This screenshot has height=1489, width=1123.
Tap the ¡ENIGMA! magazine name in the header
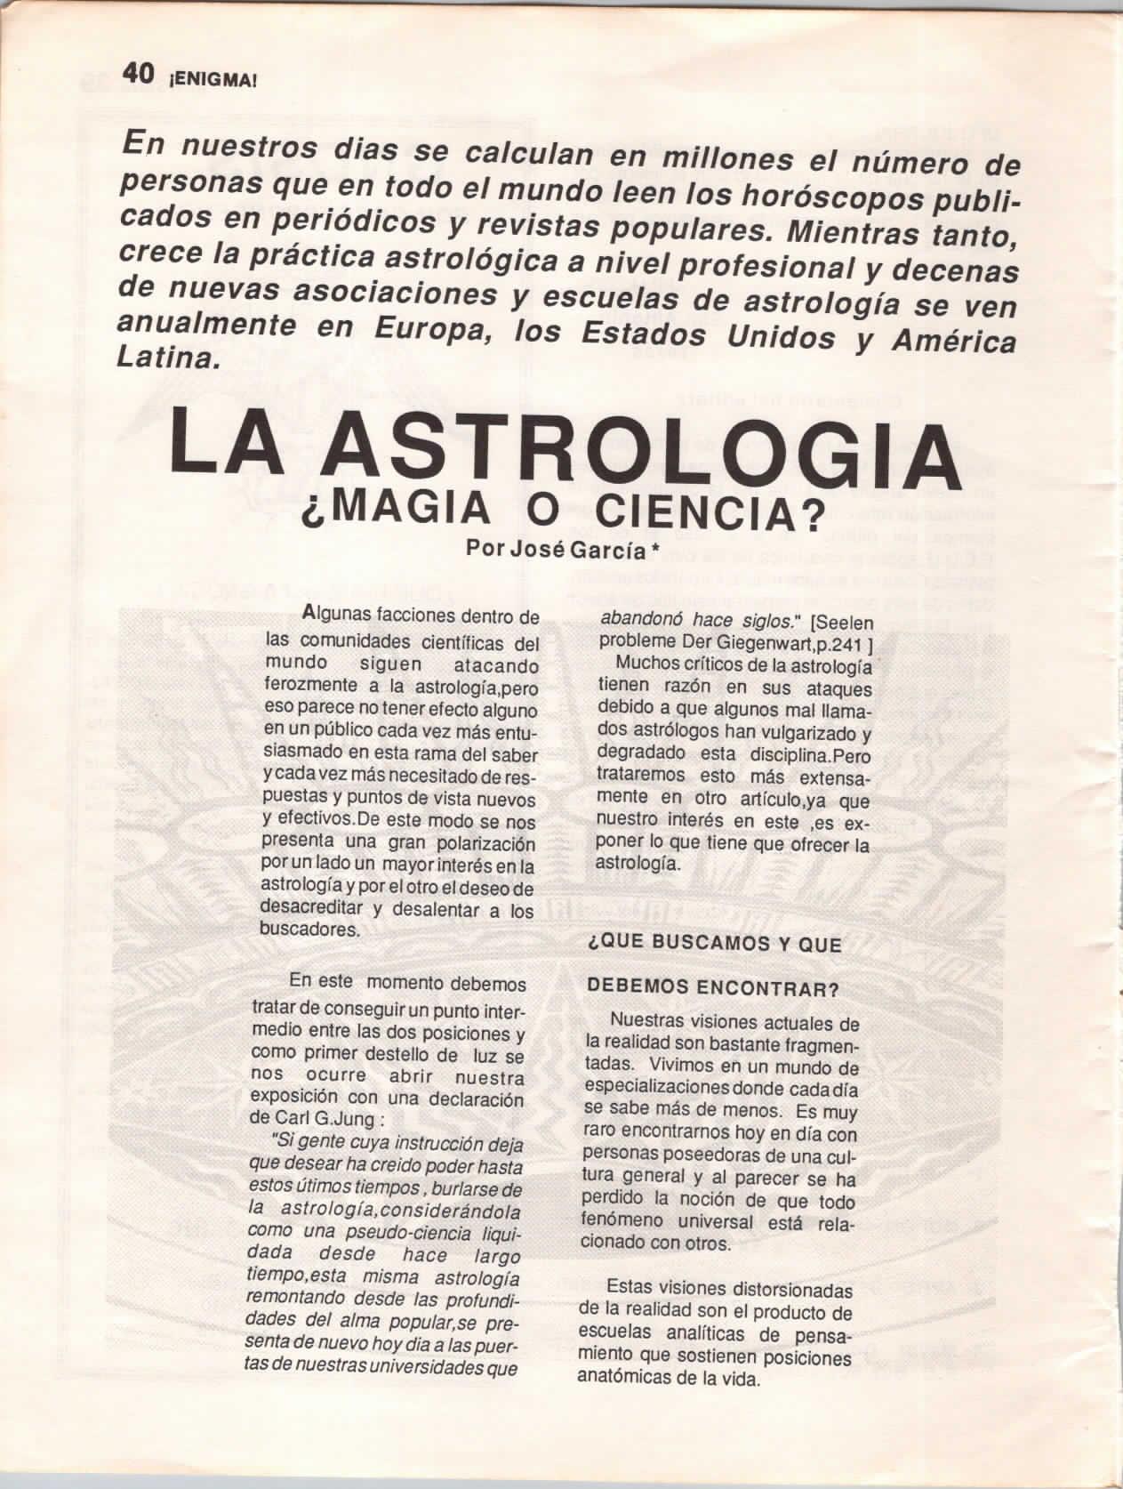[209, 77]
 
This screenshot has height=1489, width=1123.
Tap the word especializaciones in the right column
[654, 1087]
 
